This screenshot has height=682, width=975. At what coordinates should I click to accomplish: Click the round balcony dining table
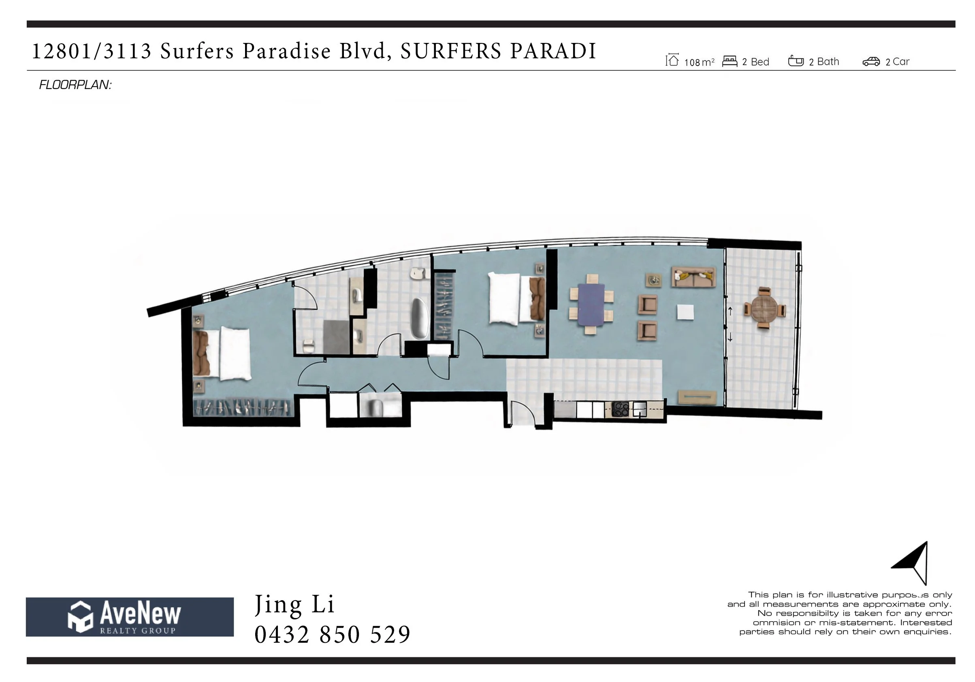point(763,309)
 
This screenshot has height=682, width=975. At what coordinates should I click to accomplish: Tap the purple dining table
point(591,305)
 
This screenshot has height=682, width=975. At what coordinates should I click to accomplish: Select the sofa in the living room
point(693,277)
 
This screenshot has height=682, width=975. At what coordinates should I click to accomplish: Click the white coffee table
point(685,312)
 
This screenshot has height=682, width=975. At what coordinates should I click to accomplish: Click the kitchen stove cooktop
point(621,409)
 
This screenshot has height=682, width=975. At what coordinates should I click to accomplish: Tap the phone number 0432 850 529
point(332,635)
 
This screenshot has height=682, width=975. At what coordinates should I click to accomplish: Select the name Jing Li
point(294,604)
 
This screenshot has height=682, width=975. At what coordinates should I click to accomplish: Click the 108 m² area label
point(699,62)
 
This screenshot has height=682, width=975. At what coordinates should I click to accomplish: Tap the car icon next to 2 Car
point(871,62)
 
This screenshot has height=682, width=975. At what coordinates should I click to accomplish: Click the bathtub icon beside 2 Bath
point(796,61)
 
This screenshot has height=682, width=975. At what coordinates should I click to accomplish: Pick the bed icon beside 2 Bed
point(730,61)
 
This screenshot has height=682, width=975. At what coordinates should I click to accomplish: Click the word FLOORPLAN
point(75,85)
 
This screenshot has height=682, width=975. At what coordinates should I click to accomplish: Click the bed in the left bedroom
point(222,353)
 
